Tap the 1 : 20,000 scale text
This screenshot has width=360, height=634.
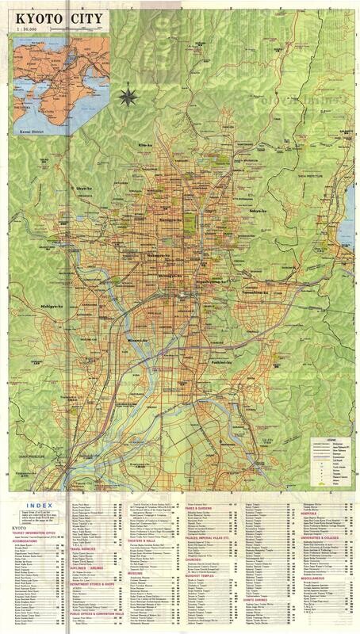pos(28,28)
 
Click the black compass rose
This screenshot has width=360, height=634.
pos(125,98)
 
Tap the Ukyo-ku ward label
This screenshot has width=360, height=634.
pos(85,188)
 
